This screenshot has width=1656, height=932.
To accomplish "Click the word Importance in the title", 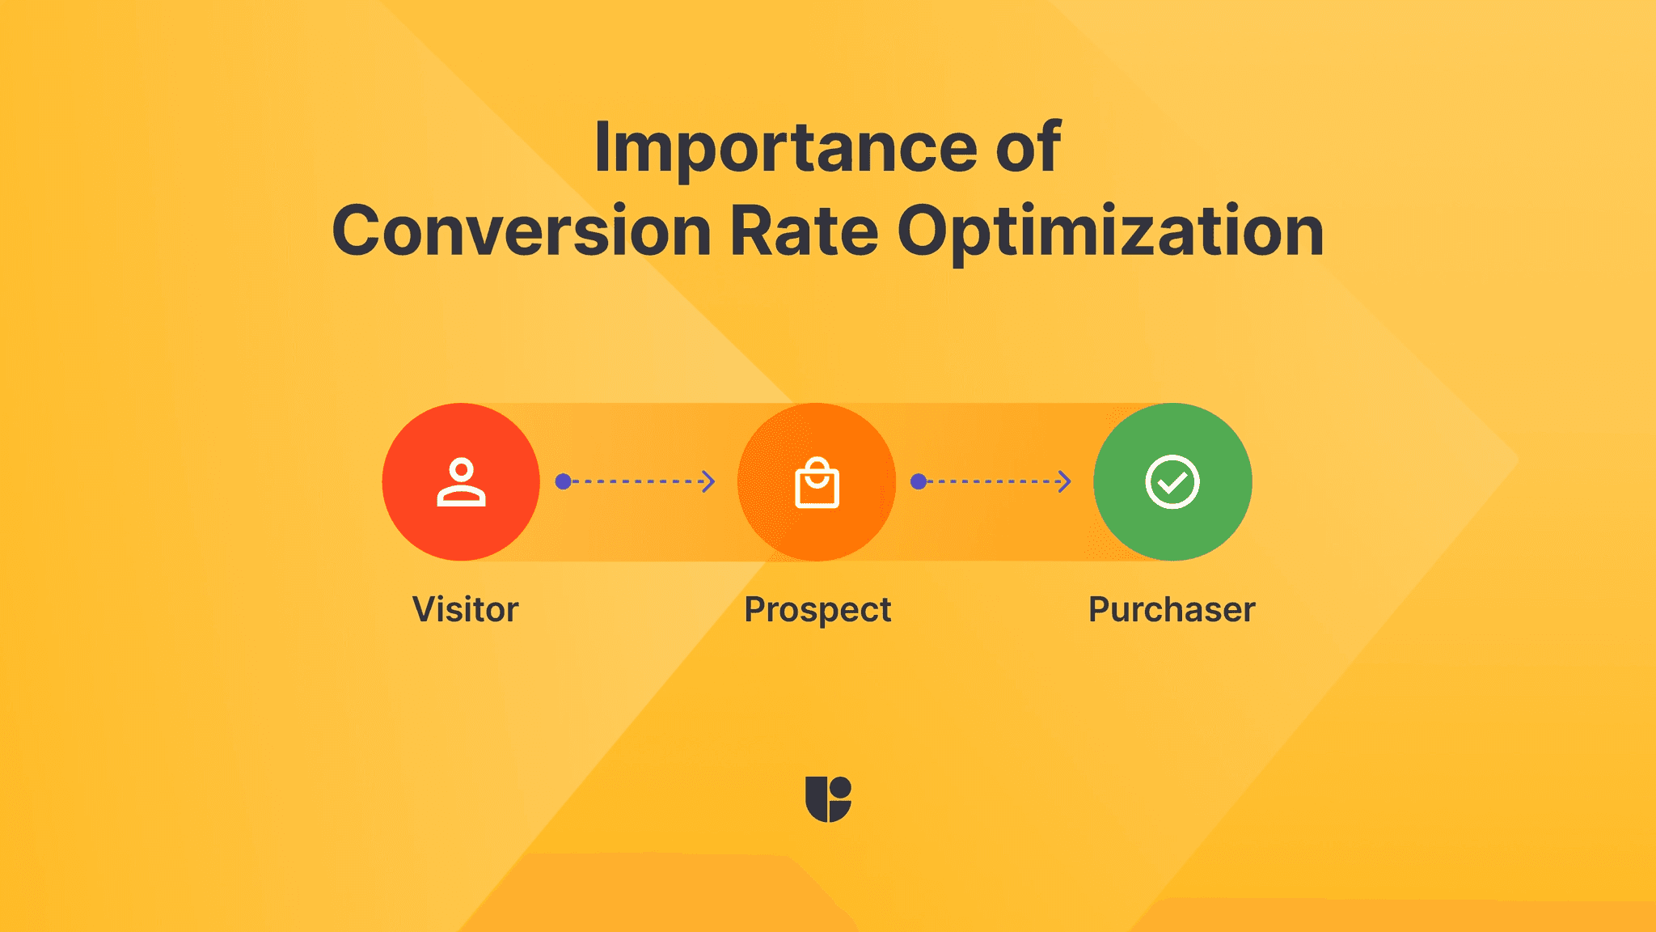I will point(784,147).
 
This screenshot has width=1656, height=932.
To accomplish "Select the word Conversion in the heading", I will point(522,231).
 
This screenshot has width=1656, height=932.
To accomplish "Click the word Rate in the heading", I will point(804,231).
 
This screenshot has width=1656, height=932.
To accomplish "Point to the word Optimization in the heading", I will point(1110,233).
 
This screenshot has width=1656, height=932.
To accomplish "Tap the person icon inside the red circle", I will point(461,482).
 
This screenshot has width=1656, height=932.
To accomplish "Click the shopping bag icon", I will point(817,483).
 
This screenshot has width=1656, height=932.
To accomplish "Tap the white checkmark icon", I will point(1172,482).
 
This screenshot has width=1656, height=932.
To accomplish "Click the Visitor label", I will point(465,609).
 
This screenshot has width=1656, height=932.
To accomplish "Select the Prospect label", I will point(817,610).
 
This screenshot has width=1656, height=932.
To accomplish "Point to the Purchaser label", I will point(1172,609).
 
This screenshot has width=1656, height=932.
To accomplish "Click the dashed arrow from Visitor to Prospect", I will point(639,481).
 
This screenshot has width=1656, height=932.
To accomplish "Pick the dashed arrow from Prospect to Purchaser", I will point(995,481).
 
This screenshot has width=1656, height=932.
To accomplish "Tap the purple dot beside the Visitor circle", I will point(564,481).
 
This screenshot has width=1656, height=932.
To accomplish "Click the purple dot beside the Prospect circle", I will point(919,481).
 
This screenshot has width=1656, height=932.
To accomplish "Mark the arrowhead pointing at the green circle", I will point(1065,481).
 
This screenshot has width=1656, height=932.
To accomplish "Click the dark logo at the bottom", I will point(828,799).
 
